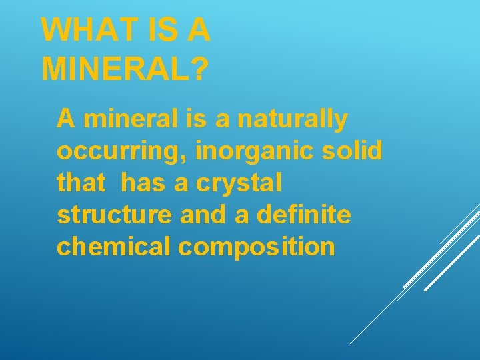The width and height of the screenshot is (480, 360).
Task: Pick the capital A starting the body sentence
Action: [65, 119]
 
